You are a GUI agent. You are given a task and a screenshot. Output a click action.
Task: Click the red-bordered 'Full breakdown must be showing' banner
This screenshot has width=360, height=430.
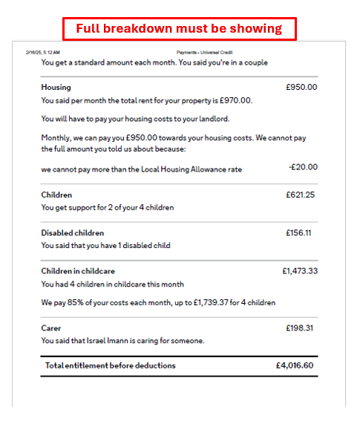tap(179, 29)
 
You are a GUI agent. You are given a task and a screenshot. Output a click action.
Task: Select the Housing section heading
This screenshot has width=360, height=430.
tap(56, 87)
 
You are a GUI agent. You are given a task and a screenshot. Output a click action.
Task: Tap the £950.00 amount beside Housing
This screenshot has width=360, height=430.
tap(301, 87)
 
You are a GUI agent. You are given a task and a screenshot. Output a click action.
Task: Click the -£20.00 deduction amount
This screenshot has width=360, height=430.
tap(303, 168)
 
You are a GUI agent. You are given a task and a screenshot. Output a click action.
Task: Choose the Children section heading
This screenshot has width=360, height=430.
tap(56, 195)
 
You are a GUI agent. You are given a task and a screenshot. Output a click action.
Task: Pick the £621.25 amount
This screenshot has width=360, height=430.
tap(301, 195)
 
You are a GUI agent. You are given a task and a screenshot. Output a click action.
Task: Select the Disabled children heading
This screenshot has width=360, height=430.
tap(73, 232)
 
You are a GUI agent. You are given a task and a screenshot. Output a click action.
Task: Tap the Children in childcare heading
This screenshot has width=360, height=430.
tap(78, 271)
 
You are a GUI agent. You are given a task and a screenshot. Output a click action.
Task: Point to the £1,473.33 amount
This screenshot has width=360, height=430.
tap(299, 271)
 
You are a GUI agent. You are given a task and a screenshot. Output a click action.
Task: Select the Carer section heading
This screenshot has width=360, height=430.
tap(51, 328)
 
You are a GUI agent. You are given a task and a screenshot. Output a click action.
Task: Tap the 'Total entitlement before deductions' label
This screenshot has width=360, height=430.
tap(111, 365)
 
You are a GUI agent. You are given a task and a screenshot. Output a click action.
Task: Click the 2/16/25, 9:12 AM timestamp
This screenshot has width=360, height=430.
tap(43, 53)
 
